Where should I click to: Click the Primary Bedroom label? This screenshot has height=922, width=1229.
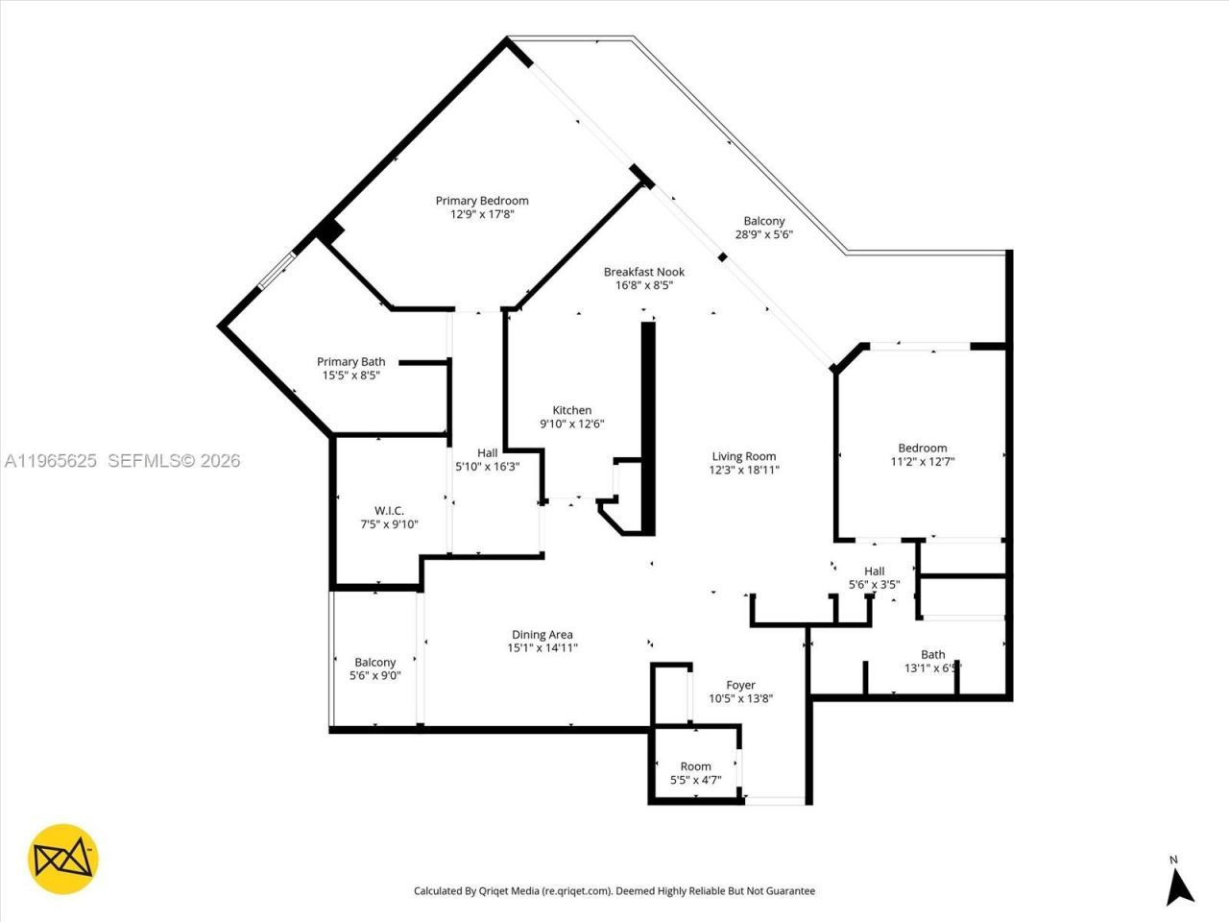(482, 201)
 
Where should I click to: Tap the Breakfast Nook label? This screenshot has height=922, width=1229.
(643, 272)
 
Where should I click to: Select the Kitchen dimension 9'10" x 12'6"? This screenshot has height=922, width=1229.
(571, 424)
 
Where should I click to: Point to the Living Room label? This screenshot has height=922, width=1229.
(743, 456)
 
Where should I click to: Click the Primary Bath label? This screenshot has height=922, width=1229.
(350, 362)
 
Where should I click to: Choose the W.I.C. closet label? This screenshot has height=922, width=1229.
(389, 510)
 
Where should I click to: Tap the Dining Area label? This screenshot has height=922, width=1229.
(542, 634)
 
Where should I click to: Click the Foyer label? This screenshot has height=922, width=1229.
(740, 685)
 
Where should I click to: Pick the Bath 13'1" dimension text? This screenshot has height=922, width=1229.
(931, 668)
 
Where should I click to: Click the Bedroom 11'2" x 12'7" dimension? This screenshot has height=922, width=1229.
(922, 461)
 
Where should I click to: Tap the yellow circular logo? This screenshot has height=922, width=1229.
(63, 859)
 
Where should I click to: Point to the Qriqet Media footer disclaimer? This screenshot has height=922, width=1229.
(614, 891)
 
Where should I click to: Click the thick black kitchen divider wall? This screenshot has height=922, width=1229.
(648, 427)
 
